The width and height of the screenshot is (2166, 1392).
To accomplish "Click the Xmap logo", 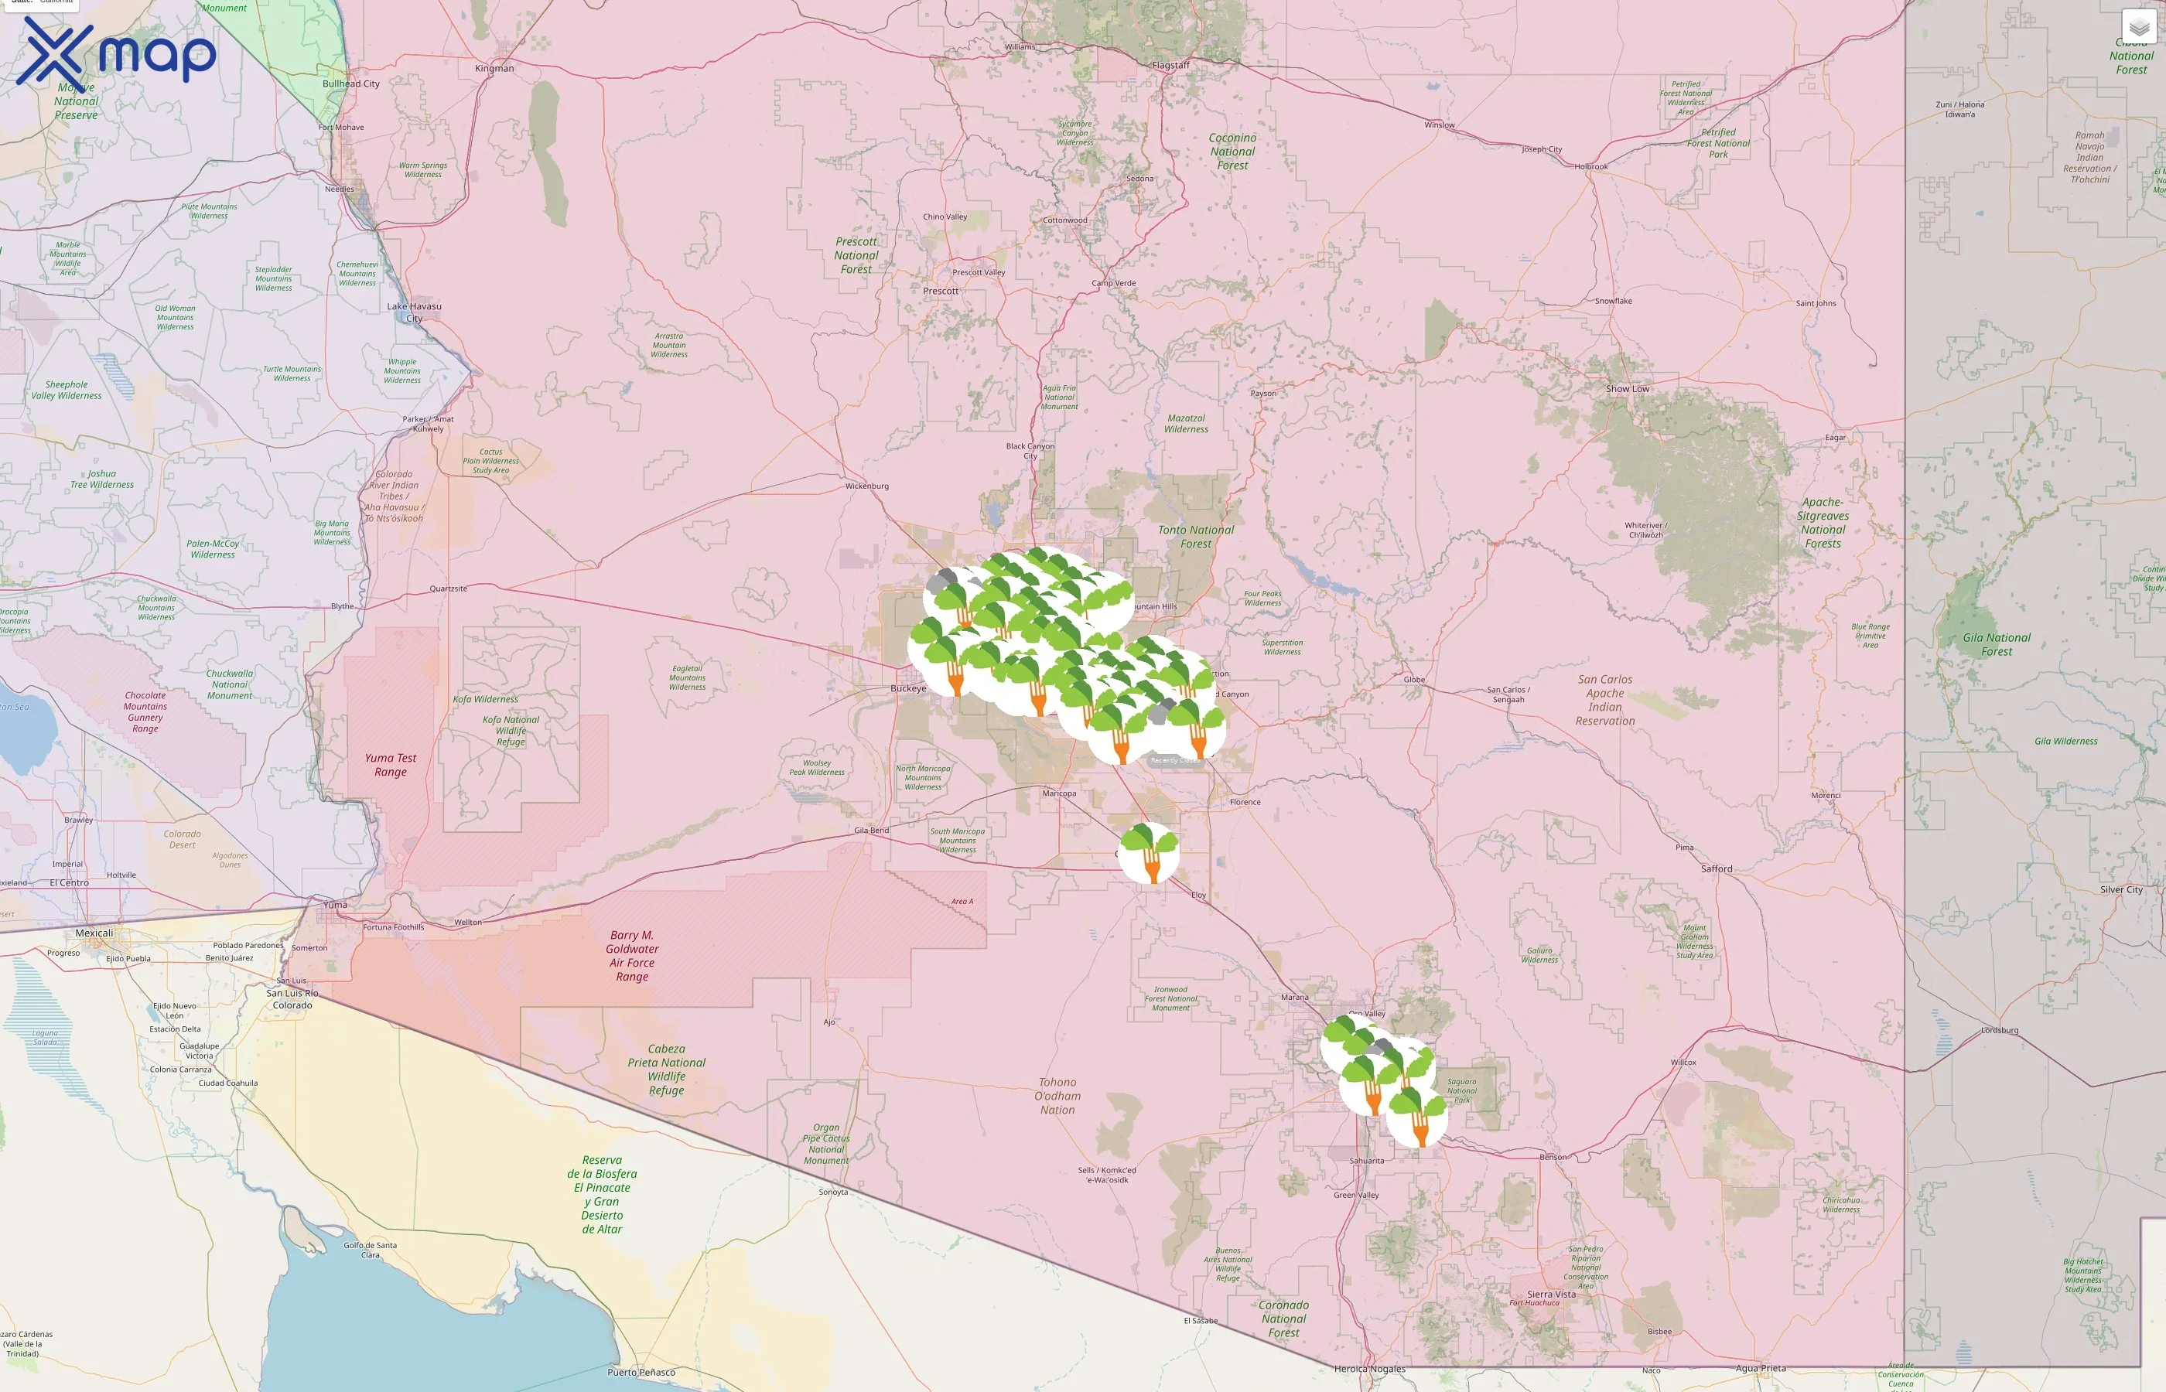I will pos(116,53).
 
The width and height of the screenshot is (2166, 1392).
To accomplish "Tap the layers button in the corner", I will pos(2138,28).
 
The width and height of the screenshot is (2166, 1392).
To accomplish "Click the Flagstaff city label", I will pos(1170,65).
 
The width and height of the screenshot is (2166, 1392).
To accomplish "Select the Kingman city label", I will pos(494,69).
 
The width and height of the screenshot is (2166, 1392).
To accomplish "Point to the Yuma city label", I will pos(336,904).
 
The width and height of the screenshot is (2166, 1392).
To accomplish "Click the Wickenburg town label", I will pos(867,486).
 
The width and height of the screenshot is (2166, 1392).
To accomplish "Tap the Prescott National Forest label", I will pos(856,256).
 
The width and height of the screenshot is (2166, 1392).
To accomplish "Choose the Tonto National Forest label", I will pos(1195,537).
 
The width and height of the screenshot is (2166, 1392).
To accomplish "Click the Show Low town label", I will pos(1628,389).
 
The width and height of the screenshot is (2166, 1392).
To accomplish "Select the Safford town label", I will pos(1717,868).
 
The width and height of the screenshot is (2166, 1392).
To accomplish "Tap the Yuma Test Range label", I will pos(391,765).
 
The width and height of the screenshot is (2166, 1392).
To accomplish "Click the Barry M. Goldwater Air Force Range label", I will pos(632,955).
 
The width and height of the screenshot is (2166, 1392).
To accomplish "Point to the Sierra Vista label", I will pos(1551,1295).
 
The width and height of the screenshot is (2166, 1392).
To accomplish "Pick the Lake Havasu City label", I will pos(414,312).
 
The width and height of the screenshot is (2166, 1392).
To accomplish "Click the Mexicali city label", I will pos(94,933).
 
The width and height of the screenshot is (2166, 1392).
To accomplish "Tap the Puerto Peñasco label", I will pos(641,1372).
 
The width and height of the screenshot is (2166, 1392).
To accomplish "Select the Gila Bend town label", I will pos(872,830).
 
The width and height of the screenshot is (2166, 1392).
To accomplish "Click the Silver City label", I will pos(2121,889).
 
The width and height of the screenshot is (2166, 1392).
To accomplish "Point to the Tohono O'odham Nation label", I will pos(1057,1096).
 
